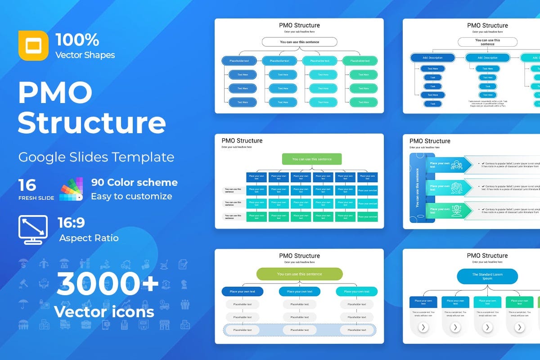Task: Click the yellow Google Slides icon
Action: click(x=33, y=45)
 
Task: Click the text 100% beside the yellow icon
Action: click(x=77, y=40)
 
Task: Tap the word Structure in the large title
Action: click(x=92, y=123)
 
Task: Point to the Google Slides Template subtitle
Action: click(x=96, y=157)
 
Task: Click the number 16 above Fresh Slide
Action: click(x=27, y=184)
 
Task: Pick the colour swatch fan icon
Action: click(x=71, y=189)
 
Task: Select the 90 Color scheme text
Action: click(x=134, y=183)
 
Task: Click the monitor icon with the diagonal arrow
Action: click(x=33, y=229)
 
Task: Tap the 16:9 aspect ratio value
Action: click(x=71, y=223)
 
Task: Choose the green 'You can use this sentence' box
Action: click(x=312, y=159)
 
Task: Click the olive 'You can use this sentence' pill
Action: click(x=299, y=274)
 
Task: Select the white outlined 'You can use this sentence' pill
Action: click(x=299, y=42)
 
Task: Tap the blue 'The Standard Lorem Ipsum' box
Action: click(x=487, y=276)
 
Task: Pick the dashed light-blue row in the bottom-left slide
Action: click(x=299, y=330)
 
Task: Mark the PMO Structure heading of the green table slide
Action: click(x=242, y=141)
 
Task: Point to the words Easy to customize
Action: click(x=131, y=196)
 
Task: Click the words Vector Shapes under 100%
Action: click(x=85, y=55)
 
